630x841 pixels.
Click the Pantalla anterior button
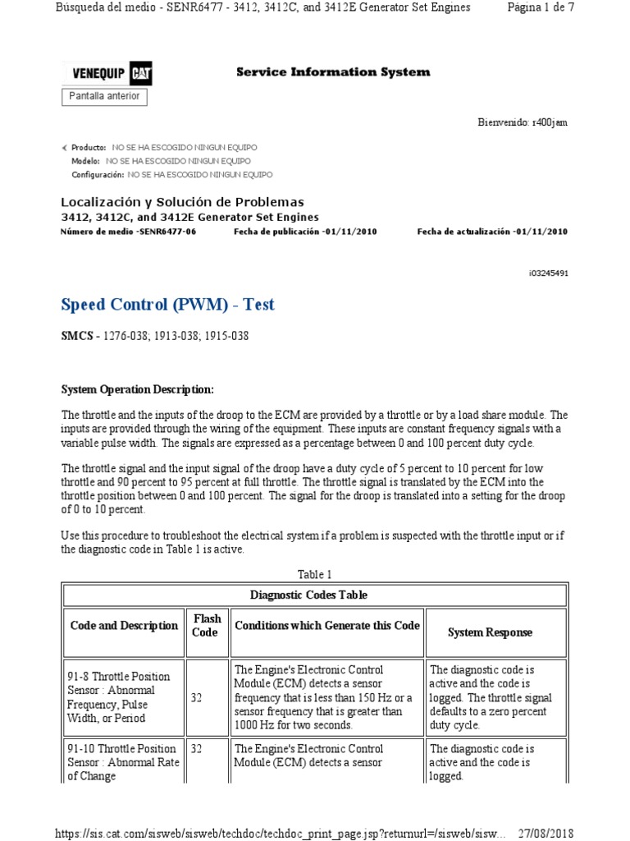click(104, 96)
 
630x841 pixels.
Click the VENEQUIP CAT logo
click(107, 73)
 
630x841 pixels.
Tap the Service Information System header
click(333, 72)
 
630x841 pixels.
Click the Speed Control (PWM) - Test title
click(168, 305)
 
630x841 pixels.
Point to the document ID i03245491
click(548, 273)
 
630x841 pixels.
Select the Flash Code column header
click(205, 625)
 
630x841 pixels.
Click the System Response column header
click(490, 632)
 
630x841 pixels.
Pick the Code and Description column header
click(124, 626)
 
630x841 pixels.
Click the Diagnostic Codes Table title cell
click(308, 595)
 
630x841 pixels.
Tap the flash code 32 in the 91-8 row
click(196, 697)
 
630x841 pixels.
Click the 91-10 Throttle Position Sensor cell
click(123, 762)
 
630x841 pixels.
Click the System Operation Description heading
click(138, 388)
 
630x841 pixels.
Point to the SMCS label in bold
click(77, 336)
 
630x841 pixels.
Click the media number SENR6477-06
click(167, 232)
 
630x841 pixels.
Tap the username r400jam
click(550, 122)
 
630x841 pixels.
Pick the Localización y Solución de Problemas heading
click(182, 202)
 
